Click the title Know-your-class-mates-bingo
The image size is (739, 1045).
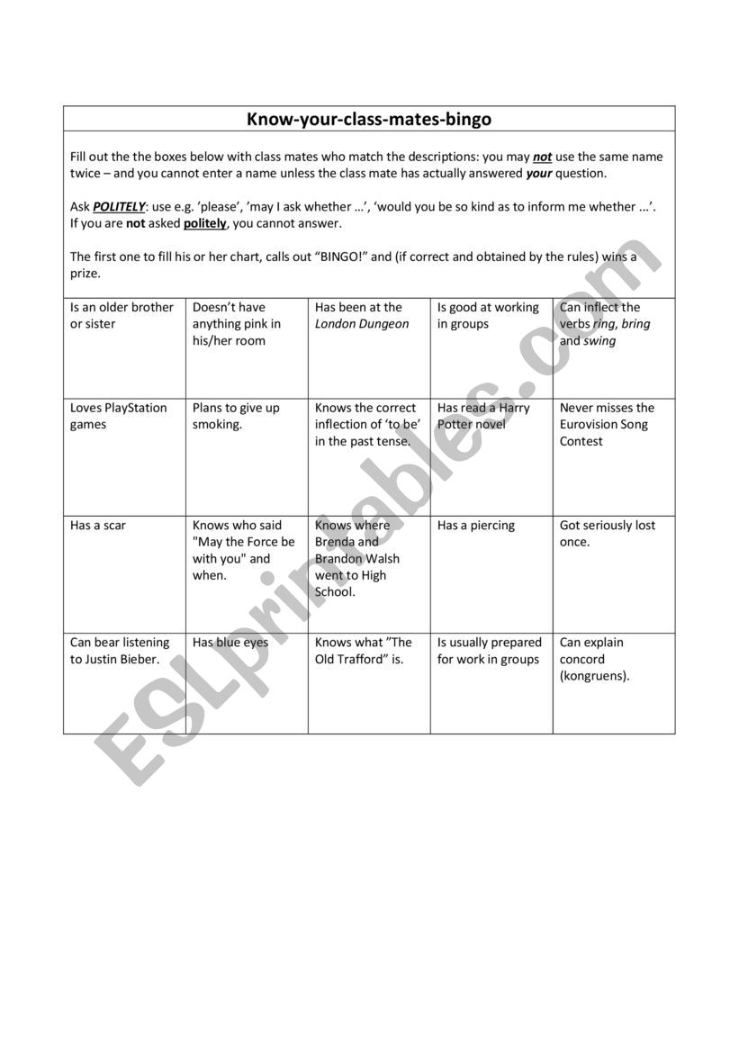click(369, 119)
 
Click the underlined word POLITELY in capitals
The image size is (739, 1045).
click(119, 207)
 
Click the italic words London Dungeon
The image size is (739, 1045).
click(362, 324)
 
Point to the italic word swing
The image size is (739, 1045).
click(600, 341)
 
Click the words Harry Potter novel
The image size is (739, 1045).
click(486, 417)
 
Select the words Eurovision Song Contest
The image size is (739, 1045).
click(603, 433)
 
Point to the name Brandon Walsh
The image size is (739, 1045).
click(357, 559)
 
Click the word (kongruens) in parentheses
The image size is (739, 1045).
click(594, 676)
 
